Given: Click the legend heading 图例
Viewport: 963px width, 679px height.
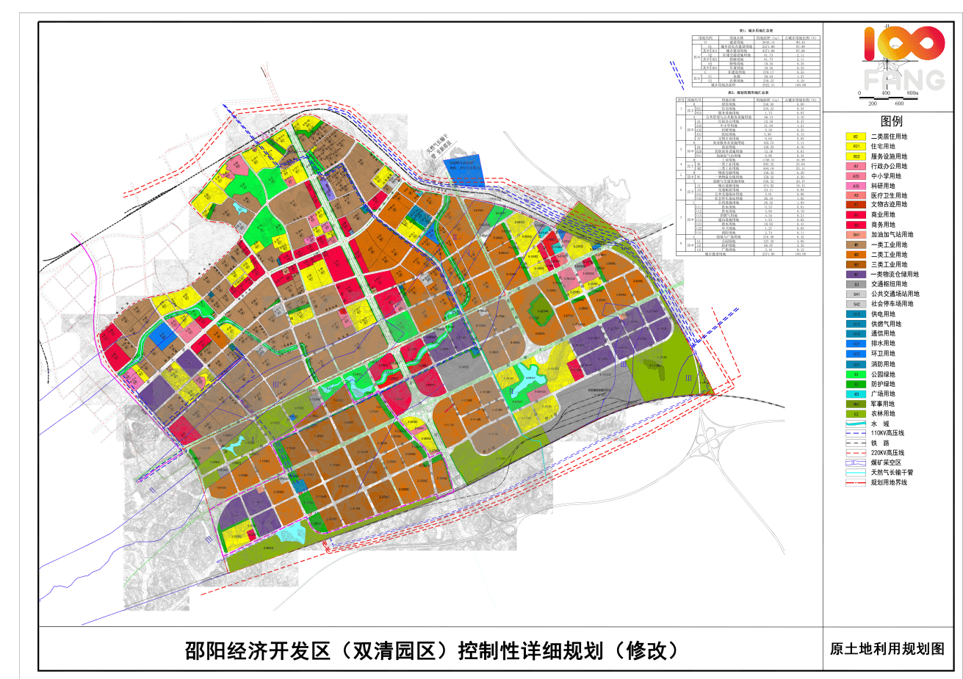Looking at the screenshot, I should pos(891,121).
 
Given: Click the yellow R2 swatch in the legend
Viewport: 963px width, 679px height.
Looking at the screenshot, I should pos(856,137).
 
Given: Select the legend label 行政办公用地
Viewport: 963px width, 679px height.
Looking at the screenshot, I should pos(889,166).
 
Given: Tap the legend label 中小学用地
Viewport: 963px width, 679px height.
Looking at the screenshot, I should pos(886,176).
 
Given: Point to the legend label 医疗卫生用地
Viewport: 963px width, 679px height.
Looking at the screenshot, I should pos(889,196).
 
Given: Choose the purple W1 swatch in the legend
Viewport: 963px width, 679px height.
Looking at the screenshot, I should pos(856,275).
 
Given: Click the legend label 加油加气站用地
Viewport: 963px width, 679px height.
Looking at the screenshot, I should pos(892,235).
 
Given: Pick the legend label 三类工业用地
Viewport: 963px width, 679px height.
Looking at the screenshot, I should pos(889,264).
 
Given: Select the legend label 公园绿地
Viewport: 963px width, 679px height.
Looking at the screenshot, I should pos(883,374).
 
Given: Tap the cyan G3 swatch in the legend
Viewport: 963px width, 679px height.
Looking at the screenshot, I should pos(856,394).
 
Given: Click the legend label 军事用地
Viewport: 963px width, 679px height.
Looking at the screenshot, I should pos(883,404).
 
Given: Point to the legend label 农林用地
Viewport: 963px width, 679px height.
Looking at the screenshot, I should pos(883,414).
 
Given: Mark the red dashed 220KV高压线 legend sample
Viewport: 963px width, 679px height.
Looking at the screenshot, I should pos(856,454).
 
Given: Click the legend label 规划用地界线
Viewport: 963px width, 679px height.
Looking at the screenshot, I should pos(889,483).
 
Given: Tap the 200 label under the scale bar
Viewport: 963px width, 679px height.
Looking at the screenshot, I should pos(873,104).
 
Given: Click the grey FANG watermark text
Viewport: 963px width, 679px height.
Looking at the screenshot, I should pos(904,79).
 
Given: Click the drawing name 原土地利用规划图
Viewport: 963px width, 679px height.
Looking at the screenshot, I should pos(887,649).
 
